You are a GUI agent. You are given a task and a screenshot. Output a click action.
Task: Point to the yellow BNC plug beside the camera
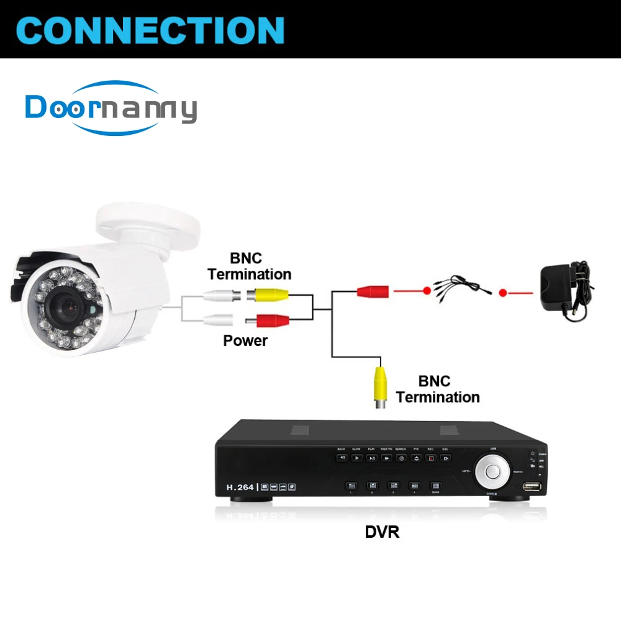[268, 296]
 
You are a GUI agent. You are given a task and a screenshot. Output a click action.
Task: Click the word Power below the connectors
[245, 340]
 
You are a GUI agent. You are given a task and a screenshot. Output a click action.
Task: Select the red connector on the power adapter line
[373, 290]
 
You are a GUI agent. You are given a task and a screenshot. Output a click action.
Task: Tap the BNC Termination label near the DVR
[437, 389]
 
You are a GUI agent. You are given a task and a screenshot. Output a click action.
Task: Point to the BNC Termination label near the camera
[249, 266]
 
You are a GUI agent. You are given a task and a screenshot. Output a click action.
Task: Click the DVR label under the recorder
[383, 532]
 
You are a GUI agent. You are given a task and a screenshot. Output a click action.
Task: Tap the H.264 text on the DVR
[240, 487]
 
